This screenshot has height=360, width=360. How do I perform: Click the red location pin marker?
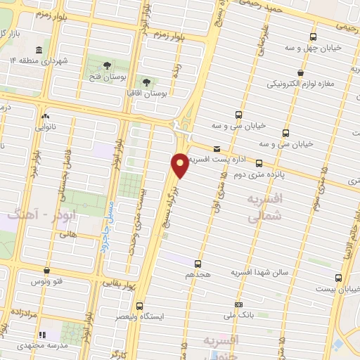click(180, 165)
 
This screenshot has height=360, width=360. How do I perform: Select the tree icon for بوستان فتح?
click(107, 65)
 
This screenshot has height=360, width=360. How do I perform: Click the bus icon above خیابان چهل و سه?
click(313, 37)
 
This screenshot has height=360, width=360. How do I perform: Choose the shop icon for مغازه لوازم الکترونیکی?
click(300, 72)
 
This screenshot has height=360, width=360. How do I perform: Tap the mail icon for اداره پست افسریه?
click(217, 148)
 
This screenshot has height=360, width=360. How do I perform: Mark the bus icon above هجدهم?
click(198, 264)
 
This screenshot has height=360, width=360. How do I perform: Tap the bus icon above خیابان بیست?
click(339, 277)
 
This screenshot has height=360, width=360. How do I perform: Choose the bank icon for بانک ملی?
click(239, 304)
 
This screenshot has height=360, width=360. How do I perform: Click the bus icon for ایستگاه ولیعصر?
click(140, 305)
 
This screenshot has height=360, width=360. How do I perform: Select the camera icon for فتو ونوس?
click(46, 269)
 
